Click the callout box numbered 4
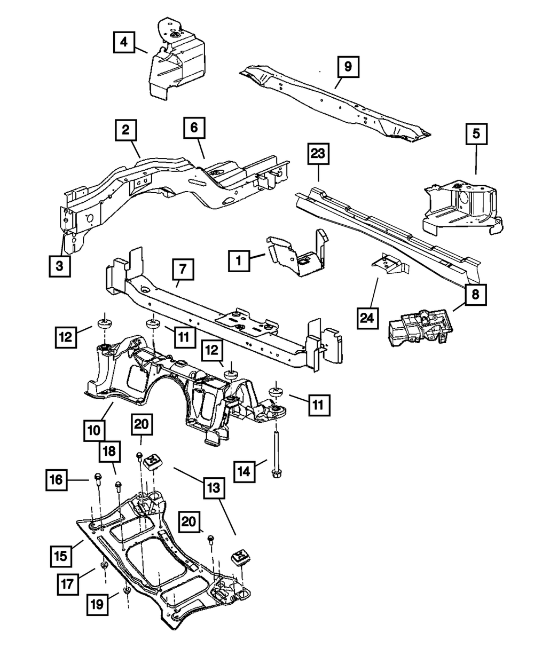(x=124, y=42)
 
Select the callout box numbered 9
(x=347, y=67)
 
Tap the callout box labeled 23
(x=319, y=155)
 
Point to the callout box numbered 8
(x=475, y=295)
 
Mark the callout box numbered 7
(x=183, y=270)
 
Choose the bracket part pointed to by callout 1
(x=296, y=255)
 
